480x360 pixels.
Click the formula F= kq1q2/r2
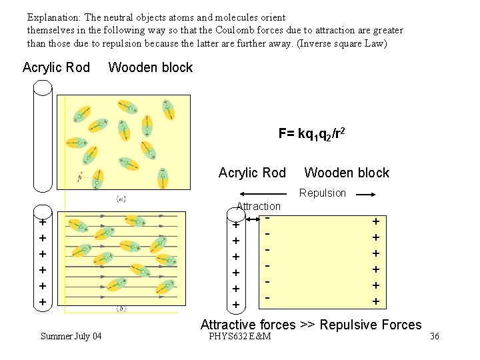pyautogui.click(x=311, y=133)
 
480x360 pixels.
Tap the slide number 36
pyautogui.click(x=435, y=336)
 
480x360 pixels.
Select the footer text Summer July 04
pyautogui.click(x=71, y=336)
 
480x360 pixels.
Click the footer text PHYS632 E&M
pyautogui.click(x=239, y=336)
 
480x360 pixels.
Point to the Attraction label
pyautogui.click(x=259, y=206)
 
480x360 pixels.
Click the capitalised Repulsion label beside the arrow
pyautogui.click(x=323, y=193)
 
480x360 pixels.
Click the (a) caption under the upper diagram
pyautogui.click(x=122, y=199)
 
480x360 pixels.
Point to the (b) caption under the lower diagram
pyautogui.click(x=121, y=309)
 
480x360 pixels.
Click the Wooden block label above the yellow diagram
pyautogui.click(x=150, y=67)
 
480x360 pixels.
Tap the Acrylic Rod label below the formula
pyautogui.click(x=252, y=173)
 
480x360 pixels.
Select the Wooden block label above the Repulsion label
pyautogui.click(x=347, y=173)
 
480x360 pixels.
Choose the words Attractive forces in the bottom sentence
pyautogui.click(x=248, y=325)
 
